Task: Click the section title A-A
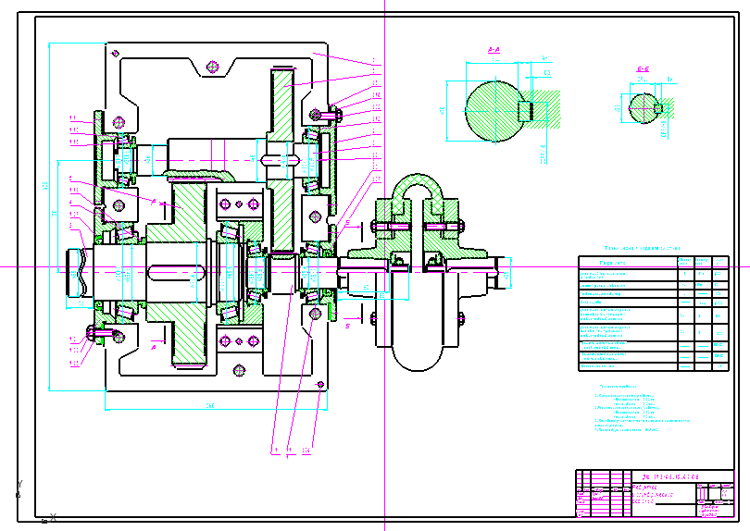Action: (x=494, y=46)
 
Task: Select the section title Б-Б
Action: (x=642, y=69)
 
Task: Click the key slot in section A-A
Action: (x=525, y=110)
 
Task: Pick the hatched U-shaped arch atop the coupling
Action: (x=416, y=191)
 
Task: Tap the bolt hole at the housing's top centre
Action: (x=213, y=66)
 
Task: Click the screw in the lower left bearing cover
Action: (x=92, y=332)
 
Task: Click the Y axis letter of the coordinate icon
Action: (x=19, y=484)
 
